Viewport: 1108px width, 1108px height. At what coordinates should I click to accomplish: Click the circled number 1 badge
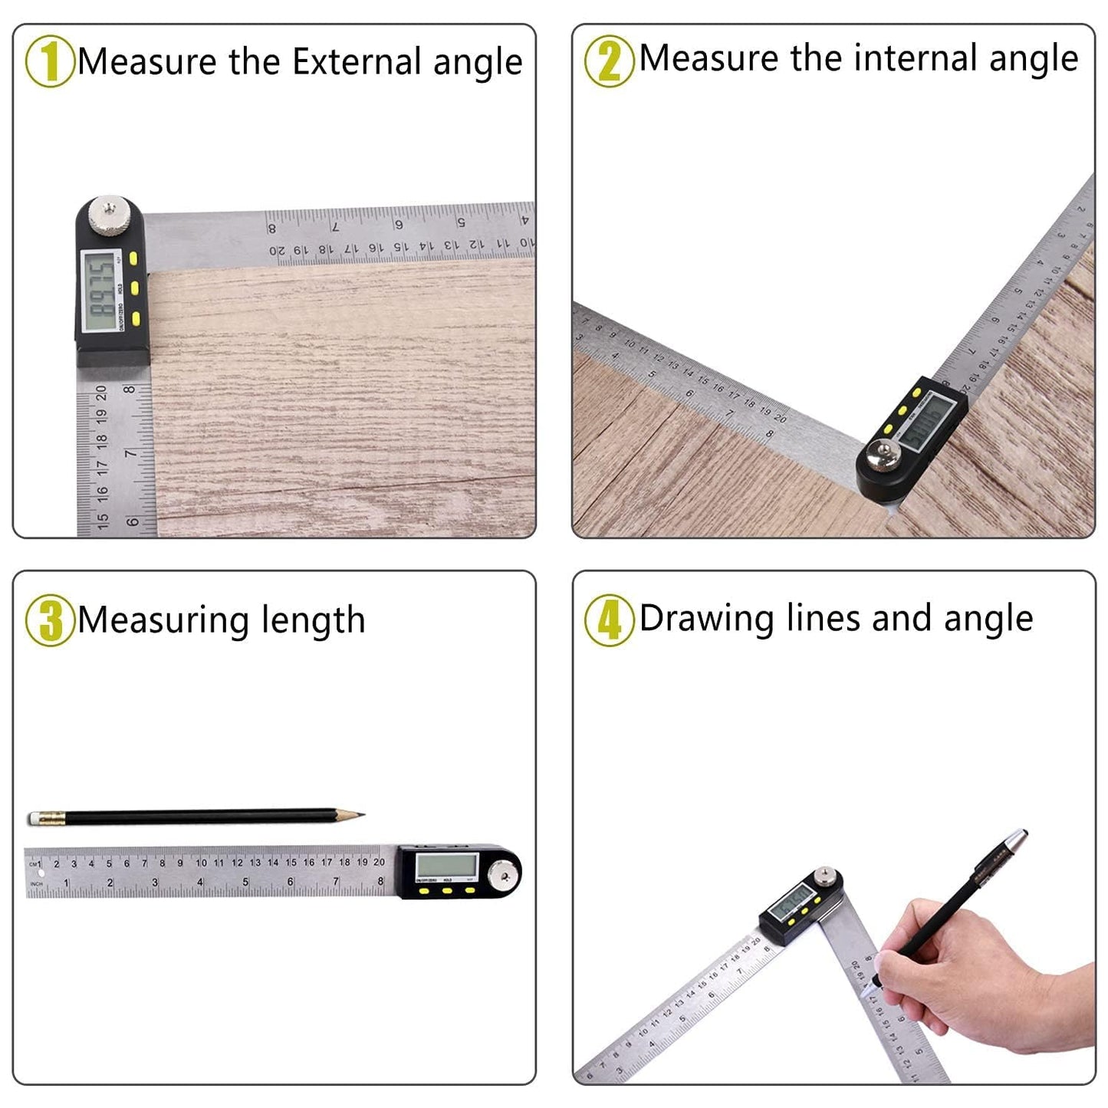49,61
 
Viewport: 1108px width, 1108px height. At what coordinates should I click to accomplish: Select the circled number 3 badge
49,620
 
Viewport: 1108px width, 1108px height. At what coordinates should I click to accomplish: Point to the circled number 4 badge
609,620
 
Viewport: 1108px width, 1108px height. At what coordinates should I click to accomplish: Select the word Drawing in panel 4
706,619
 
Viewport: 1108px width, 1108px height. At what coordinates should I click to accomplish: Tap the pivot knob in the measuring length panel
504,871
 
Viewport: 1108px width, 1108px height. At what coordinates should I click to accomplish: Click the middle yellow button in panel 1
134,288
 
